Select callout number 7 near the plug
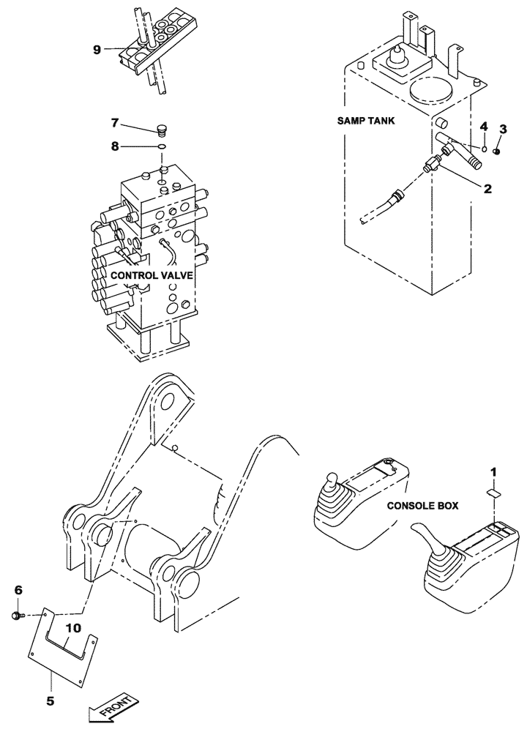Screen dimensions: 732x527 [x=114, y=122]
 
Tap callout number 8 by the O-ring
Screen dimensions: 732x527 [x=114, y=146]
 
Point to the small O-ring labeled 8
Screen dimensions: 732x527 [x=162, y=147]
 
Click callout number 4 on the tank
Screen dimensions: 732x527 [x=483, y=127]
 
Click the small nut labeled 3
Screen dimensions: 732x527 [x=497, y=152]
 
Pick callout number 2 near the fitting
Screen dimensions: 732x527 [x=486, y=188]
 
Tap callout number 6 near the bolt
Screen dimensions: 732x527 [x=19, y=590]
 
